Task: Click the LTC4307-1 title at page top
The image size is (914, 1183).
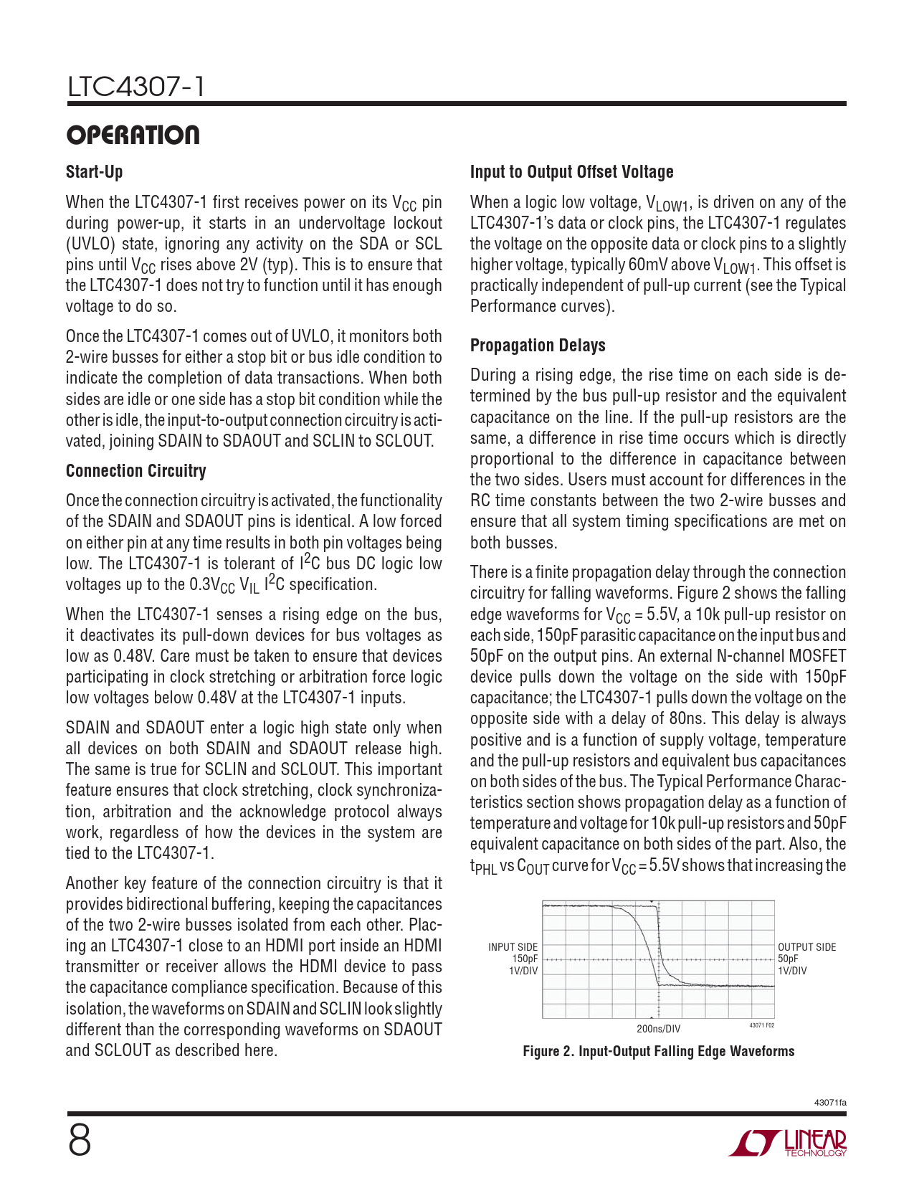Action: pyautogui.click(x=135, y=87)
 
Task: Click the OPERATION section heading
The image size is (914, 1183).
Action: pyautogui.click(x=133, y=135)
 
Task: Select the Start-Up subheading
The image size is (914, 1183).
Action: pyautogui.click(x=94, y=172)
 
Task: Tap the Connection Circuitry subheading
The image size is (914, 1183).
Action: pyautogui.click(x=135, y=471)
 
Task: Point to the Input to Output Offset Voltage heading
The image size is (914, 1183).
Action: pyautogui.click(x=571, y=172)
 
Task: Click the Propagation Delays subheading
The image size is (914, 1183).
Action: pyautogui.click(x=538, y=346)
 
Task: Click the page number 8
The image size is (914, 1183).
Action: pyautogui.click(x=80, y=1141)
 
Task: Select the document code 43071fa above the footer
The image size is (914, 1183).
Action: pyautogui.click(x=830, y=1102)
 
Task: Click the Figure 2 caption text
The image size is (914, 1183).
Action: pyautogui.click(x=658, y=1051)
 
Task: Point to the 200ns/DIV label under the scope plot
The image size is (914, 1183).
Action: pyautogui.click(x=658, y=1029)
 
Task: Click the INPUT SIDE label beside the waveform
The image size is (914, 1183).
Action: pyautogui.click(x=513, y=947)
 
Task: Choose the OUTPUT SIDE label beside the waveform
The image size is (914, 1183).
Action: pyautogui.click(x=806, y=947)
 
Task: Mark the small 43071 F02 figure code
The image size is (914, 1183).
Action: pyautogui.click(x=761, y=1025)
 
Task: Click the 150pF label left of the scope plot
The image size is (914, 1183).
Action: pyautogui.click(x=525, y=959)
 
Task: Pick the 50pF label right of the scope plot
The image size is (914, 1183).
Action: pyautogui.click(x=788, y=959)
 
